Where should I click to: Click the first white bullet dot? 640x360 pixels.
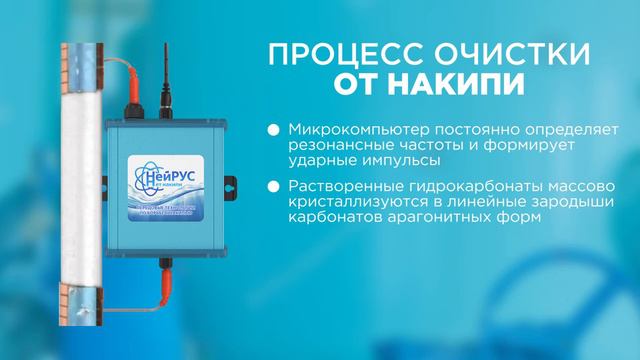[274, 131]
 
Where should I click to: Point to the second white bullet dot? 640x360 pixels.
[274, 189]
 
